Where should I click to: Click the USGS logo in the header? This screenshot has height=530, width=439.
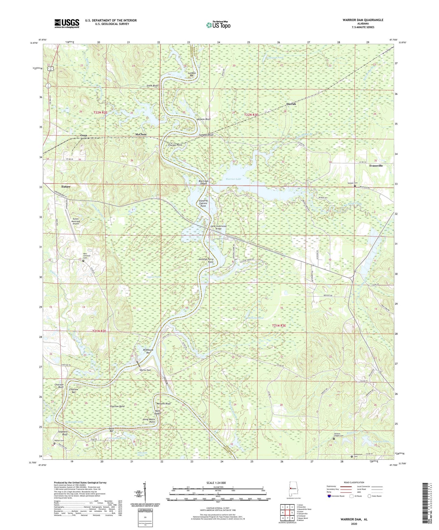(67, 23)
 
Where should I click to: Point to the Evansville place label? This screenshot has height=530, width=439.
(376, 166)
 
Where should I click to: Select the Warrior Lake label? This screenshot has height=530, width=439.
(233, 179)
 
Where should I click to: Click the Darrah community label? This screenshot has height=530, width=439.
(291, 104)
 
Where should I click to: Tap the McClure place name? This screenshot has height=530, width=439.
(141, 134)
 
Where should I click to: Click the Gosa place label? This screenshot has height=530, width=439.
(84, 135)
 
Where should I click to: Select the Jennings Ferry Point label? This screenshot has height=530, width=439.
(206, 260)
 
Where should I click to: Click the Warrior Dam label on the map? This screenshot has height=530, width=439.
(145, 370)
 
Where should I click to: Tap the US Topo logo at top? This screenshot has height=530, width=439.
(218, 25)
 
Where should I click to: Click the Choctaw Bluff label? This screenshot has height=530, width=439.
(59, 386)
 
